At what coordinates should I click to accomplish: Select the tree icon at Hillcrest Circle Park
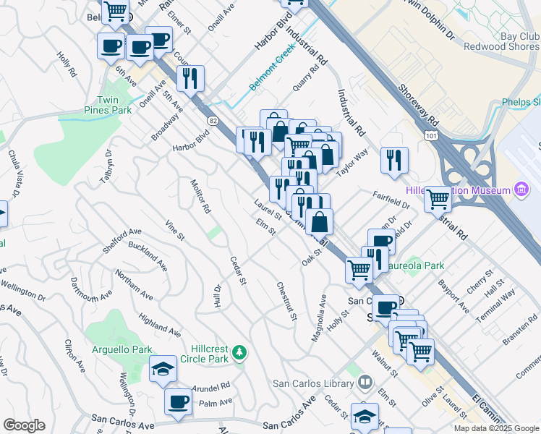[x=239, y=353]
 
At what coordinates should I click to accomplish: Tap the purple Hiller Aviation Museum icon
[x=520, y=190]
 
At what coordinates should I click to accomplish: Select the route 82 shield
[x=213, y=119]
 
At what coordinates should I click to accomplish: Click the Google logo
[x=24, y=425]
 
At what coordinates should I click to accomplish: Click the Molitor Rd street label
[x=200, y=197]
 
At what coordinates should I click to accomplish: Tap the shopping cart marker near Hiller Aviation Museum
[x=438, y=197]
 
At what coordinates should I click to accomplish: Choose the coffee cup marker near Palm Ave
[x=178, y=401]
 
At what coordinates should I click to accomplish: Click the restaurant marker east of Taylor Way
[x=394, y=160]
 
